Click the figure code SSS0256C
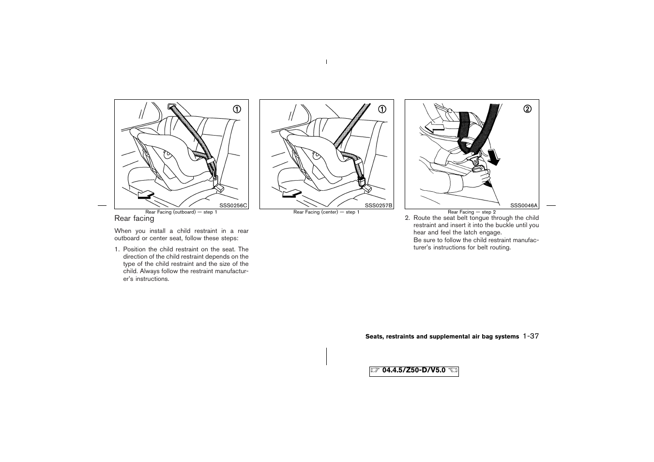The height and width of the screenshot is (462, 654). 233,206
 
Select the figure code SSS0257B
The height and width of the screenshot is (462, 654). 379,206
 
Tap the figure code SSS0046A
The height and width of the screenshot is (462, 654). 524,206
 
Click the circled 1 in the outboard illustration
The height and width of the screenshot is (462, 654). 237,109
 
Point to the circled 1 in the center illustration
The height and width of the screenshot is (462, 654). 382,109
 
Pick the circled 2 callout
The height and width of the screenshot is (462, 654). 527,109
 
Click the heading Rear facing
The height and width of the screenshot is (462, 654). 134,218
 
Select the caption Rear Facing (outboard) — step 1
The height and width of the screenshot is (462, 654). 181,212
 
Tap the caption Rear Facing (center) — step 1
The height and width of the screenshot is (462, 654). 326,212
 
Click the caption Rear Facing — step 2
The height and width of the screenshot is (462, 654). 471,212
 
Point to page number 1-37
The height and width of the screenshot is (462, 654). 531,336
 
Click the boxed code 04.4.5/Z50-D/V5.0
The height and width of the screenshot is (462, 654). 413,371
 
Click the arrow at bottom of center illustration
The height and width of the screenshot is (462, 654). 291,194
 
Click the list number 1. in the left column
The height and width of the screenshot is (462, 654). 117,249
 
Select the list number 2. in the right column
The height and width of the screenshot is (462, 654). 408,218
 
